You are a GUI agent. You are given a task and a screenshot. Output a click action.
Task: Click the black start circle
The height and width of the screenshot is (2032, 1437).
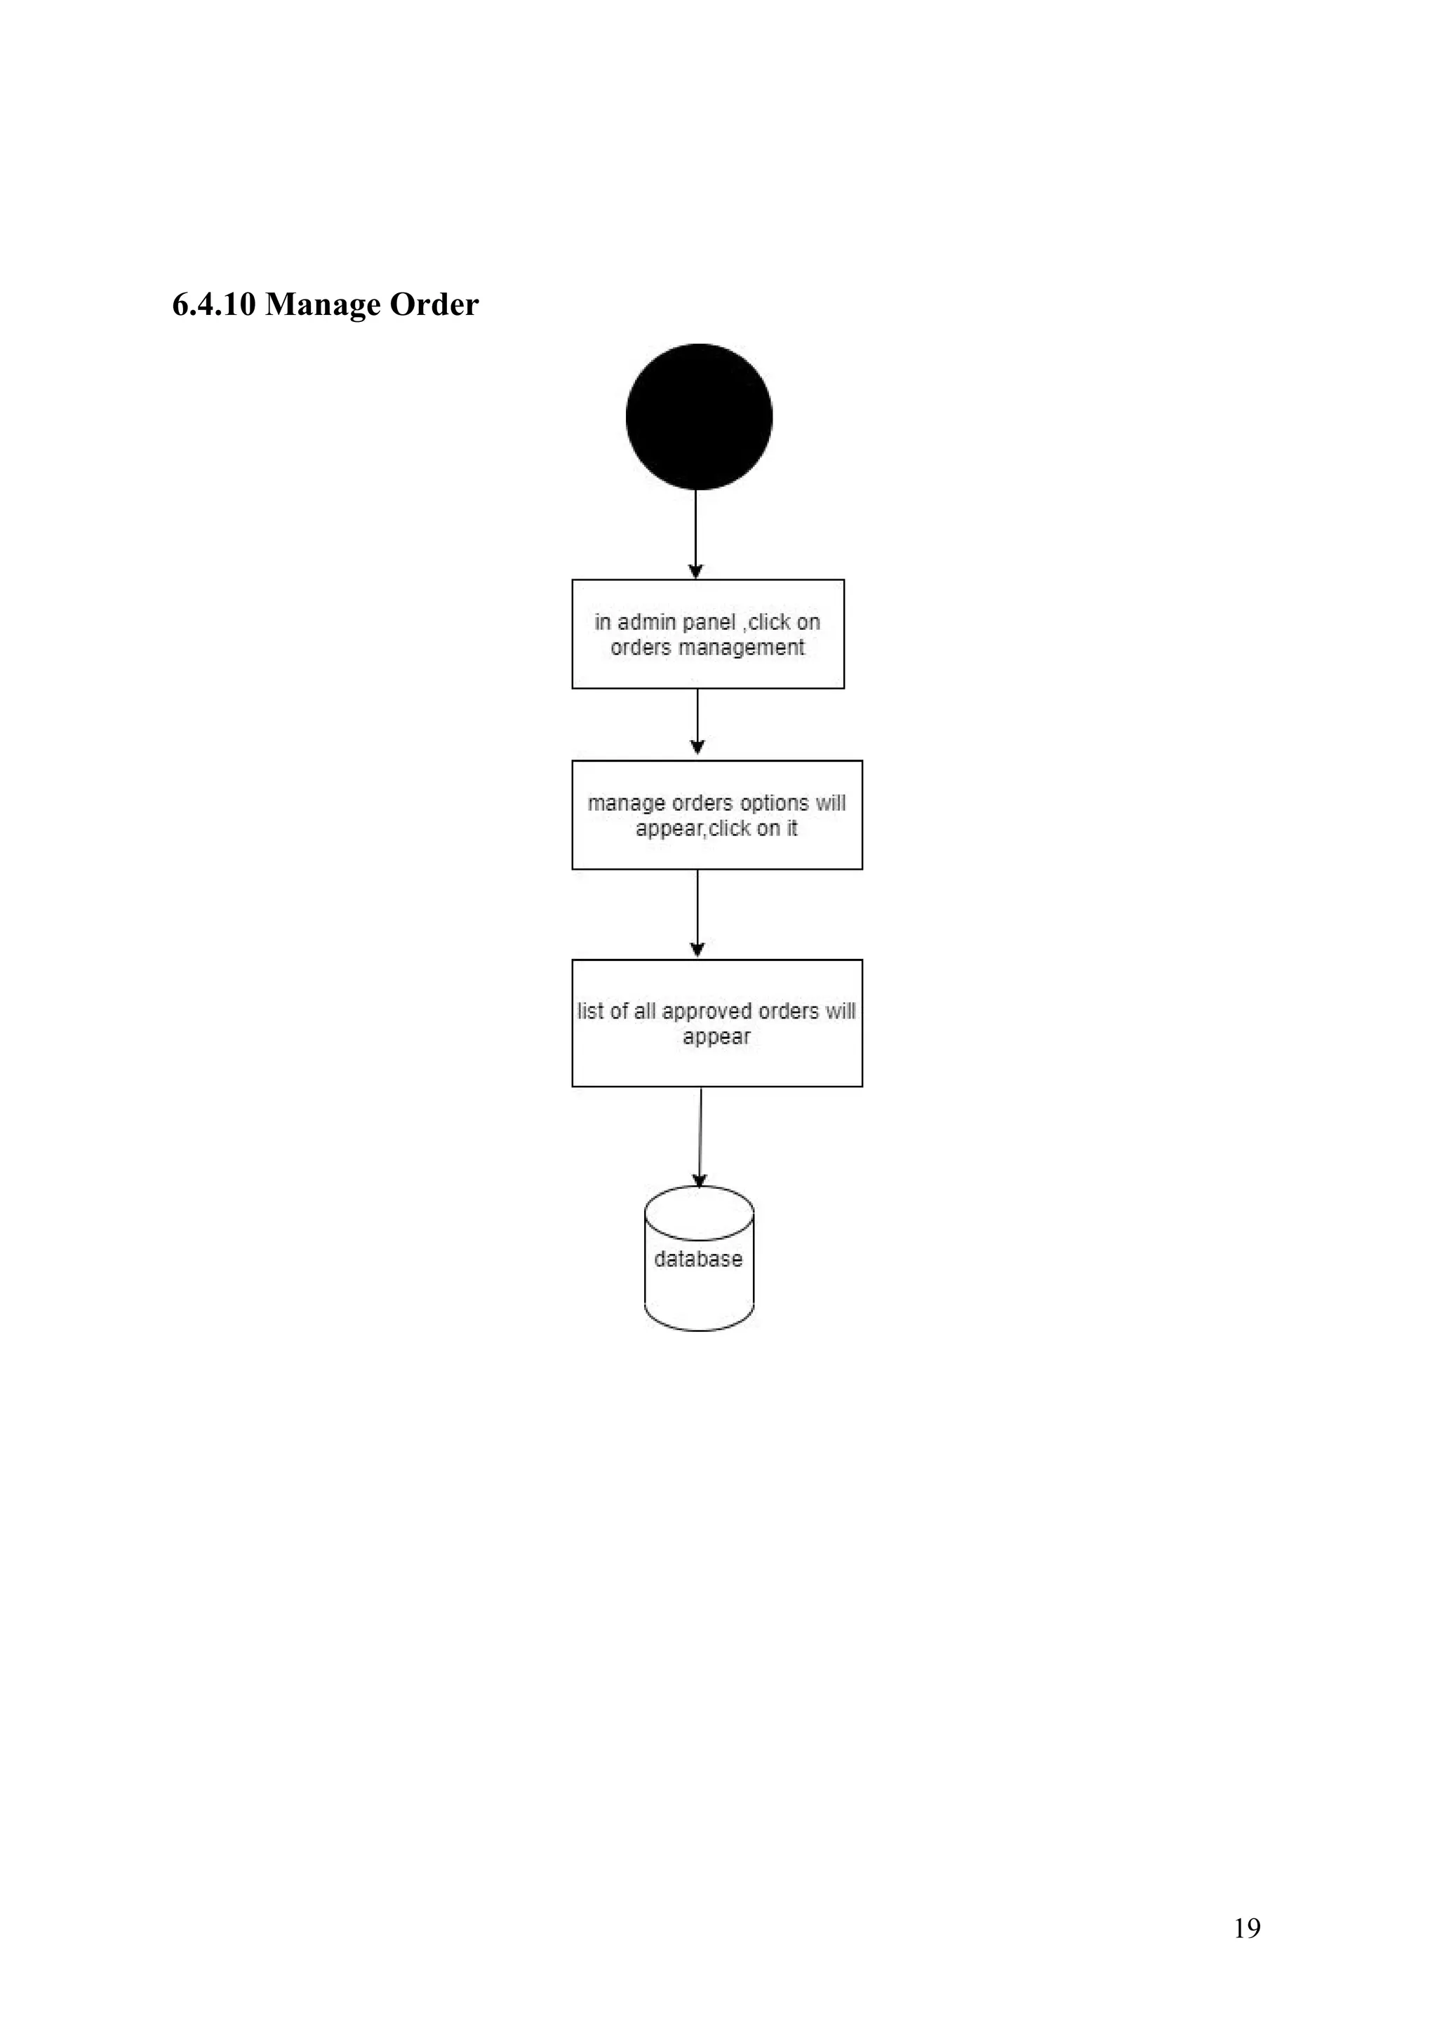tap(699, 417)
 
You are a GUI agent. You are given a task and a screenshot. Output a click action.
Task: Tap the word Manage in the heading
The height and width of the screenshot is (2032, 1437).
tap(323, 304)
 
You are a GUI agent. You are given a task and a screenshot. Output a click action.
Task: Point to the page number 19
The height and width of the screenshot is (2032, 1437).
tap(1247, 1927)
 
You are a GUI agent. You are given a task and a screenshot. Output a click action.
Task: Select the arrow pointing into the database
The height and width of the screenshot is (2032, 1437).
tap(700, 1136)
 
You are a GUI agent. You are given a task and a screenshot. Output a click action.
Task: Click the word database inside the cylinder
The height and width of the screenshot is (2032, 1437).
tap(699, 1258)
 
